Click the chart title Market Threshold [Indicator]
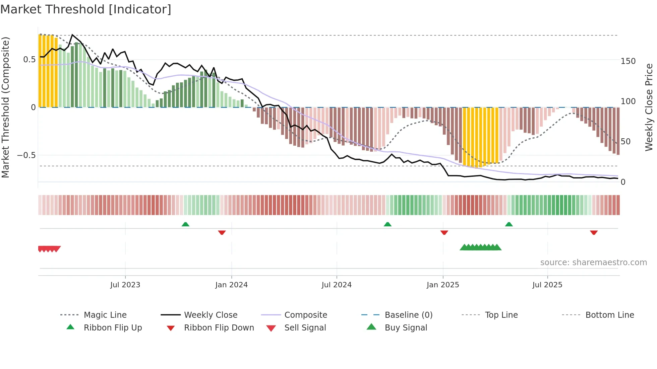[86, 9]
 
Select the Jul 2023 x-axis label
[125, 285]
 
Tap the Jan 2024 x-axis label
[231, 285]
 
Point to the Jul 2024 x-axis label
[337, 285]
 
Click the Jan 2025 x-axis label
[443, 285]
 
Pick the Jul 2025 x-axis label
[547, 285]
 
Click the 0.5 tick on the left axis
[29, 60]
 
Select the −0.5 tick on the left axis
[26, 155]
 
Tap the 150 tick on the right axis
[628, 61]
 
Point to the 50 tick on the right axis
[625, 142]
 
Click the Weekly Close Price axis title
[649, 107]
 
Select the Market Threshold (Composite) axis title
[6, 107]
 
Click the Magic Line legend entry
[105, 315]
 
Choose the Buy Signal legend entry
[406, 328]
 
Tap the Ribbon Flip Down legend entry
[219, 328]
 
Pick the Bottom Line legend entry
[609, 315]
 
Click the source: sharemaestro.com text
[593, 263]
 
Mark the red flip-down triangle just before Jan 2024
[222, 232]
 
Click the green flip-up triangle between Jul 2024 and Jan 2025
[387, 224]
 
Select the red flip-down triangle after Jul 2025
[594, 232]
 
